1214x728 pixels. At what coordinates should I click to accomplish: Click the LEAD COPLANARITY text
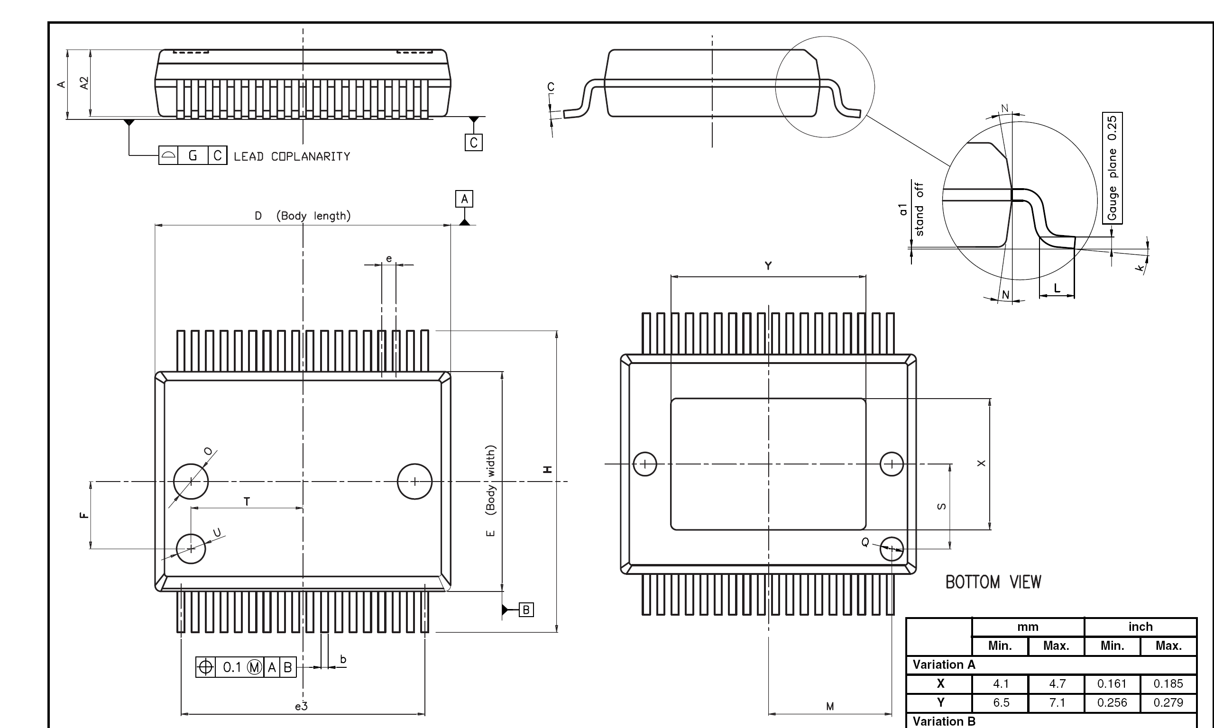coord(292,156)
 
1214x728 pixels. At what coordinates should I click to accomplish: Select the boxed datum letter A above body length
coord(464,199)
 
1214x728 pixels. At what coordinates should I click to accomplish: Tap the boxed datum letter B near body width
coord(526,610)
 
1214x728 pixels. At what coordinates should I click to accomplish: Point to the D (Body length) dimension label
coord(302,216)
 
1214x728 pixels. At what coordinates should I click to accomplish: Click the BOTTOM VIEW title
coord(993,582)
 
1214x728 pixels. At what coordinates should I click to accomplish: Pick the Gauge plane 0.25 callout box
coord(1113,168)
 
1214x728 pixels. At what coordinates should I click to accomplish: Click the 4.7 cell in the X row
coord(1057,683)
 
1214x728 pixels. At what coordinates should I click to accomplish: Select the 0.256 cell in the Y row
coord(1112,702)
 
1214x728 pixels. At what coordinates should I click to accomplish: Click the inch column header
coord(1140,627)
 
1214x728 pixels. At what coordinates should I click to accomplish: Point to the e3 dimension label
coord(301,706)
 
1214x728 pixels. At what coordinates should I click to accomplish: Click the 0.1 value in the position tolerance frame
coord(232,667)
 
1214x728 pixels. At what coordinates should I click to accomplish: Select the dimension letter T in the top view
coord(247,501)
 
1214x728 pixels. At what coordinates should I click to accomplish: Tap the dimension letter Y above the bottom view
coord(768,266)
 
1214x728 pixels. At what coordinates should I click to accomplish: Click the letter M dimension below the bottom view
coord(830,706)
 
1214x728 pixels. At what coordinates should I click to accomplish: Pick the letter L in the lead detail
coord(1057,288)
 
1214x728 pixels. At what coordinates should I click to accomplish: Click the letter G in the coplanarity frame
coord(193,155)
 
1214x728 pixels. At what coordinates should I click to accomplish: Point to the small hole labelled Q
coord(892,548)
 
